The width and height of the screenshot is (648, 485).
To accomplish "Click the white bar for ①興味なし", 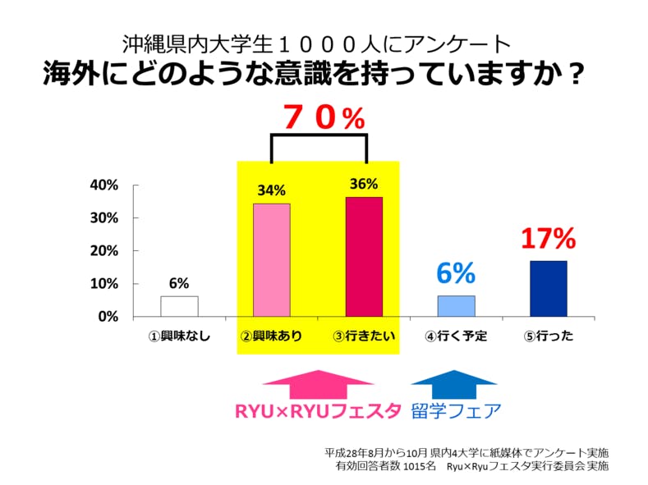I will click(x=179, y=306).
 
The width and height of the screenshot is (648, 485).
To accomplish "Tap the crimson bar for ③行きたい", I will click(x=364, y=257).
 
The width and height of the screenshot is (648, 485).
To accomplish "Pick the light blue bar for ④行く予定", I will click(x=456, y=306).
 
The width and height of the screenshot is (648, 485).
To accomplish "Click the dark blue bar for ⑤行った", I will click(x=548, y=288).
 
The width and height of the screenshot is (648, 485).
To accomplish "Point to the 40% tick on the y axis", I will click(x=103, y=185).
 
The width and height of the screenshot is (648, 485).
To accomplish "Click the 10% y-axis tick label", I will click(x=103, y=284).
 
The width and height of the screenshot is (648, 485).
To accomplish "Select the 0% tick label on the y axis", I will click(x=108, y=317).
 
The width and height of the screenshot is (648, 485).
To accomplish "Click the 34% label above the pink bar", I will click(x=271, y=190).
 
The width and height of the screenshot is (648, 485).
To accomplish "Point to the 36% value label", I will click(x=364, y=184).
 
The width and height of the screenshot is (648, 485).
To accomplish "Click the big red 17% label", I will click(x=548, y=239).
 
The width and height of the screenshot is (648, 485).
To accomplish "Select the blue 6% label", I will click(x=456, y=273).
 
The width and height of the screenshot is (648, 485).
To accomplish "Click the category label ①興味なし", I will click(x=179, y=336).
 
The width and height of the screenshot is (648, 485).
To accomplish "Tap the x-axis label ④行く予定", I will click(x=456, y=336).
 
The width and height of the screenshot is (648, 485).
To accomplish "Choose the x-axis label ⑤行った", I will click(x=548, y=336).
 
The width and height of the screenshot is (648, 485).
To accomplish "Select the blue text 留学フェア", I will click(x=455, y=410).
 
